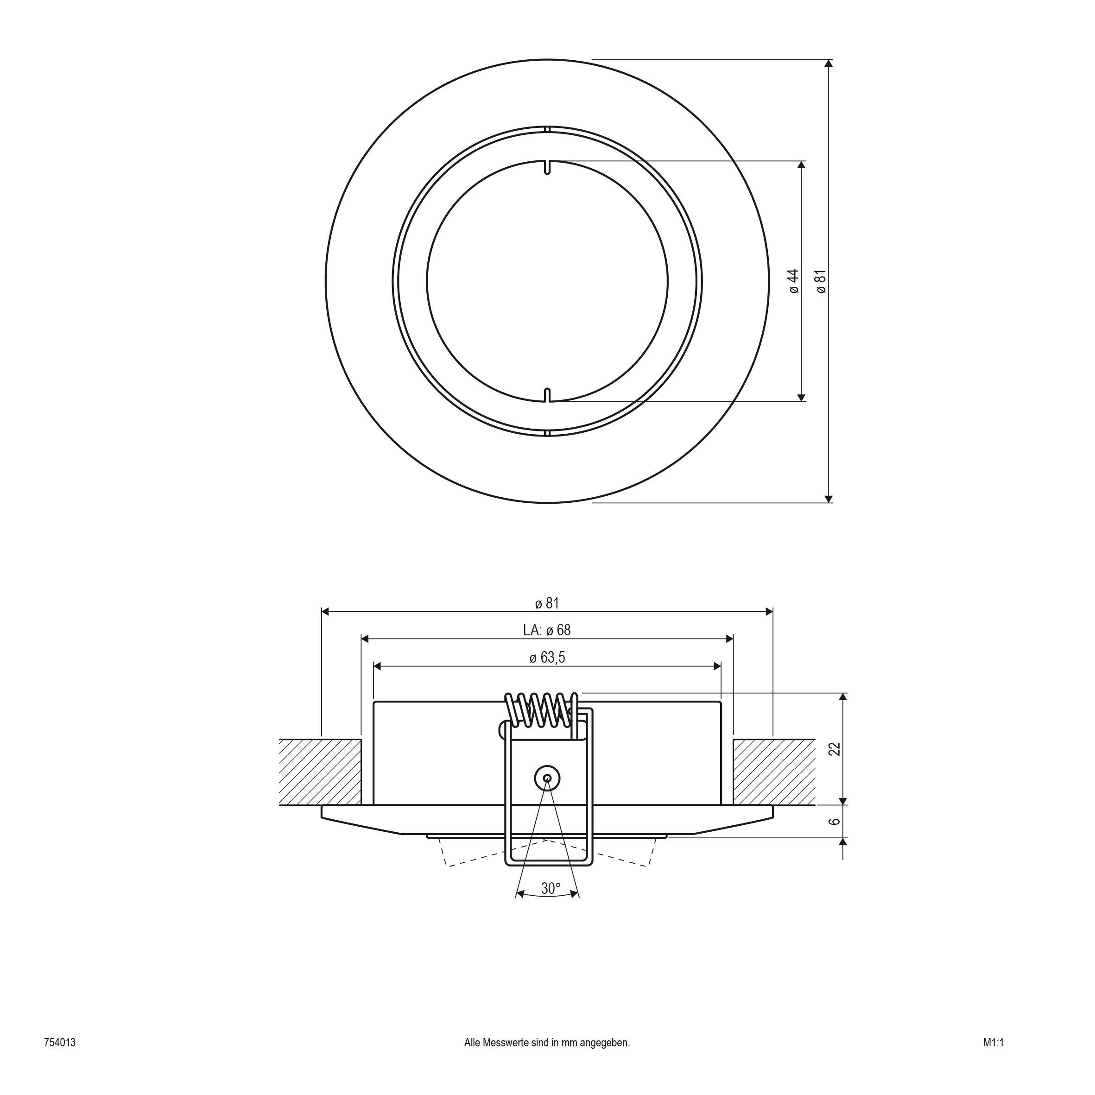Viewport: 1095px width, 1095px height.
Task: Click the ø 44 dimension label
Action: coord(794,281)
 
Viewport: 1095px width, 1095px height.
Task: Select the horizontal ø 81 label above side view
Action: coord(547,603)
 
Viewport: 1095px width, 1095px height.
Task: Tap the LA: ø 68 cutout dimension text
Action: coord(547,630)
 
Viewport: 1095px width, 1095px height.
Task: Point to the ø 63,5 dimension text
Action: coord(547,658)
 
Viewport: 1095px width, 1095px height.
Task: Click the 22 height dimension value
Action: coord(834,749)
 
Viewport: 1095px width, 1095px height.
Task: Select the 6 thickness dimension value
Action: coord(834,821)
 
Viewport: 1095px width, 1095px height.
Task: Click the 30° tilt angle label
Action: coord(550,889)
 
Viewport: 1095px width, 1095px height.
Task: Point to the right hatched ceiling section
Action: coord(774,772)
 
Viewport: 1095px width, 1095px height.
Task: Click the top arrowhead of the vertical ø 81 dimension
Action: coord(829,63)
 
